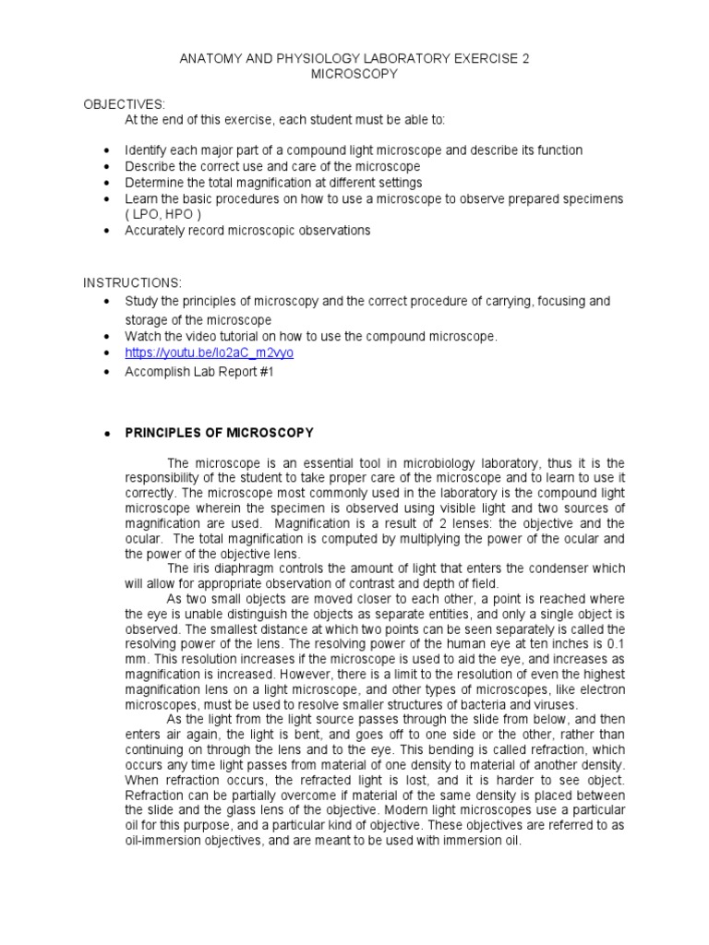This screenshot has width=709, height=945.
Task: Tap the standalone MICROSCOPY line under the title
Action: (354, 75)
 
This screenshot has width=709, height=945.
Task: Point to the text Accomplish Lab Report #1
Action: (199, 372)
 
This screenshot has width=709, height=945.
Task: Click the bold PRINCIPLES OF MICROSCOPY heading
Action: (219, 432)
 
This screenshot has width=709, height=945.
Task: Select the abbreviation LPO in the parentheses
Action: (149, 215)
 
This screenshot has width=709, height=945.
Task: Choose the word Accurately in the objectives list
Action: (156, 231)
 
